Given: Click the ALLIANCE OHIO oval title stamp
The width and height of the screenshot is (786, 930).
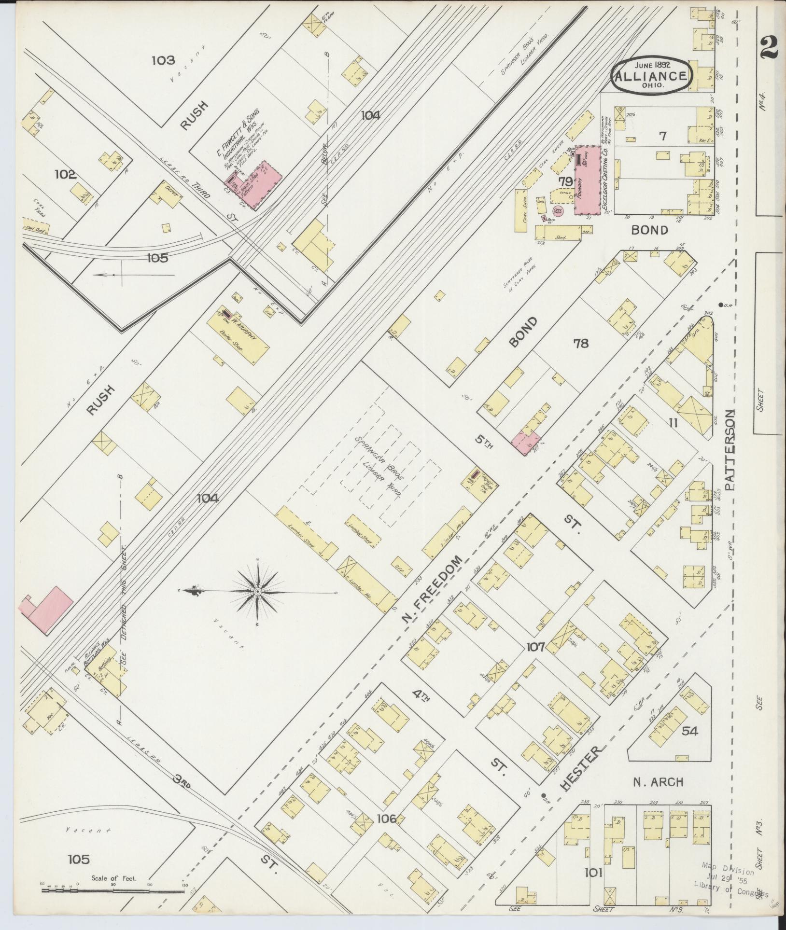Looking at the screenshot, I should click(x=652, y=76).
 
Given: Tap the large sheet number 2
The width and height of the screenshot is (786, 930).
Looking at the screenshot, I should click(x=769, y=48).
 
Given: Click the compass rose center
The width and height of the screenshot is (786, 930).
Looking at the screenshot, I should click(x=258, y=591).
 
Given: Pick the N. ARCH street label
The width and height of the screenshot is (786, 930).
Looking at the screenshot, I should click(x=658, y=781).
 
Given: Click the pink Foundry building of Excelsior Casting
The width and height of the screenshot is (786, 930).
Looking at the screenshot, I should click(x=587, y=180).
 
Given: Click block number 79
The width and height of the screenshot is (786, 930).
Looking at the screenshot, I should click(x=565, y=181).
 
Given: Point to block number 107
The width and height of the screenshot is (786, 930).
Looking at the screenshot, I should click(x=535, y=646).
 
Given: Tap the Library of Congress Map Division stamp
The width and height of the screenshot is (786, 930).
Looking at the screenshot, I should click(x=729, y=881).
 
